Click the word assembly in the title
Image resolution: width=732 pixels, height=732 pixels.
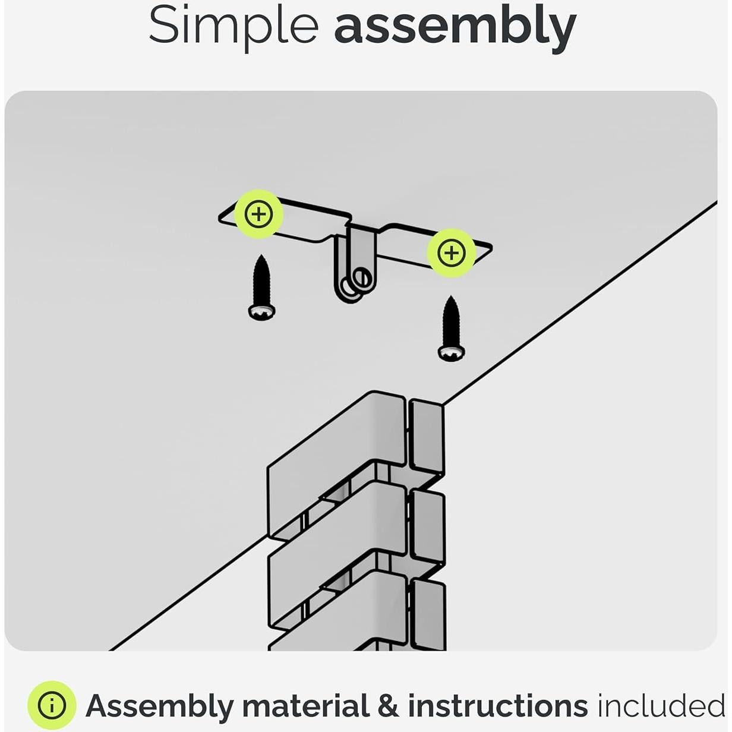point(455,27)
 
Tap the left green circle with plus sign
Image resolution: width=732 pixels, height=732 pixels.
point(258,214)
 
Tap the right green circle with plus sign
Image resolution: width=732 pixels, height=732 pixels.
point(451,253)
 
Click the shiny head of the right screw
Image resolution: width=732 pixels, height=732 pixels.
point(451,353)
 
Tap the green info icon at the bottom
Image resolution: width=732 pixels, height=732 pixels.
point(52,705)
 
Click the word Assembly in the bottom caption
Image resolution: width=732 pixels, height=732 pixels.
point(159,706)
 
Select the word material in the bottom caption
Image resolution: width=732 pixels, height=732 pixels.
point(306,706)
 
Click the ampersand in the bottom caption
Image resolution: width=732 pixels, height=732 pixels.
point(388,706)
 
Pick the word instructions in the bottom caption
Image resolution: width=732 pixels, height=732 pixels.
point(497,706)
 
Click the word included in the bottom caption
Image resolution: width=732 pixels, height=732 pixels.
point(661,706)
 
